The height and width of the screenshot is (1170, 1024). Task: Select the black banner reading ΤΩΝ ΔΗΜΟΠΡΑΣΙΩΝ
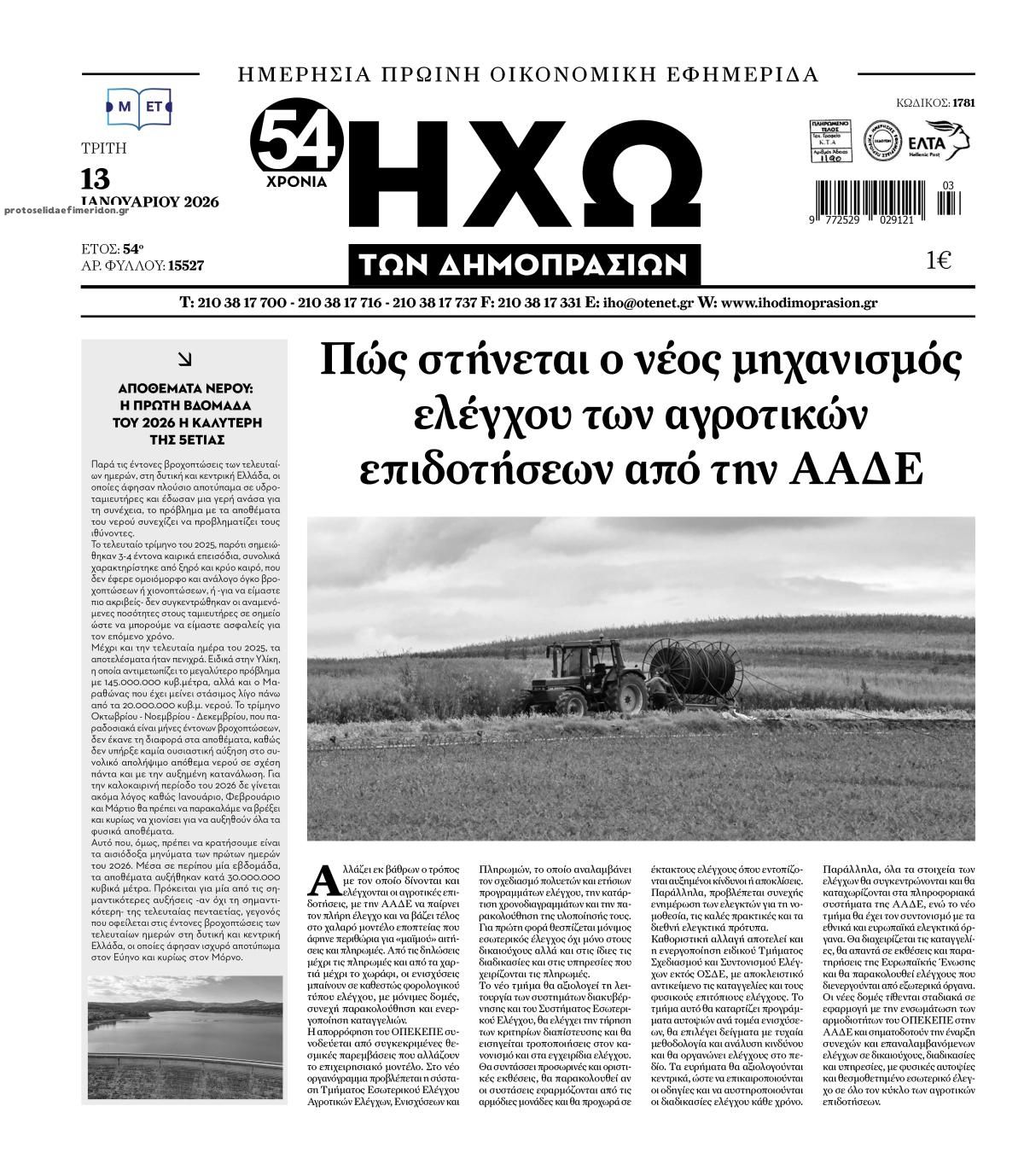click(524, 265)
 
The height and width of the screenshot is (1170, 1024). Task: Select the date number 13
click(96, 179)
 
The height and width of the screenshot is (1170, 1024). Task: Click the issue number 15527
click(186, 266)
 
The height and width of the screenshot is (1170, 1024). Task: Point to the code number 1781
click(963, 103)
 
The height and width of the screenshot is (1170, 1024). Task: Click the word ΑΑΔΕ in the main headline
click(863, 469)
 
